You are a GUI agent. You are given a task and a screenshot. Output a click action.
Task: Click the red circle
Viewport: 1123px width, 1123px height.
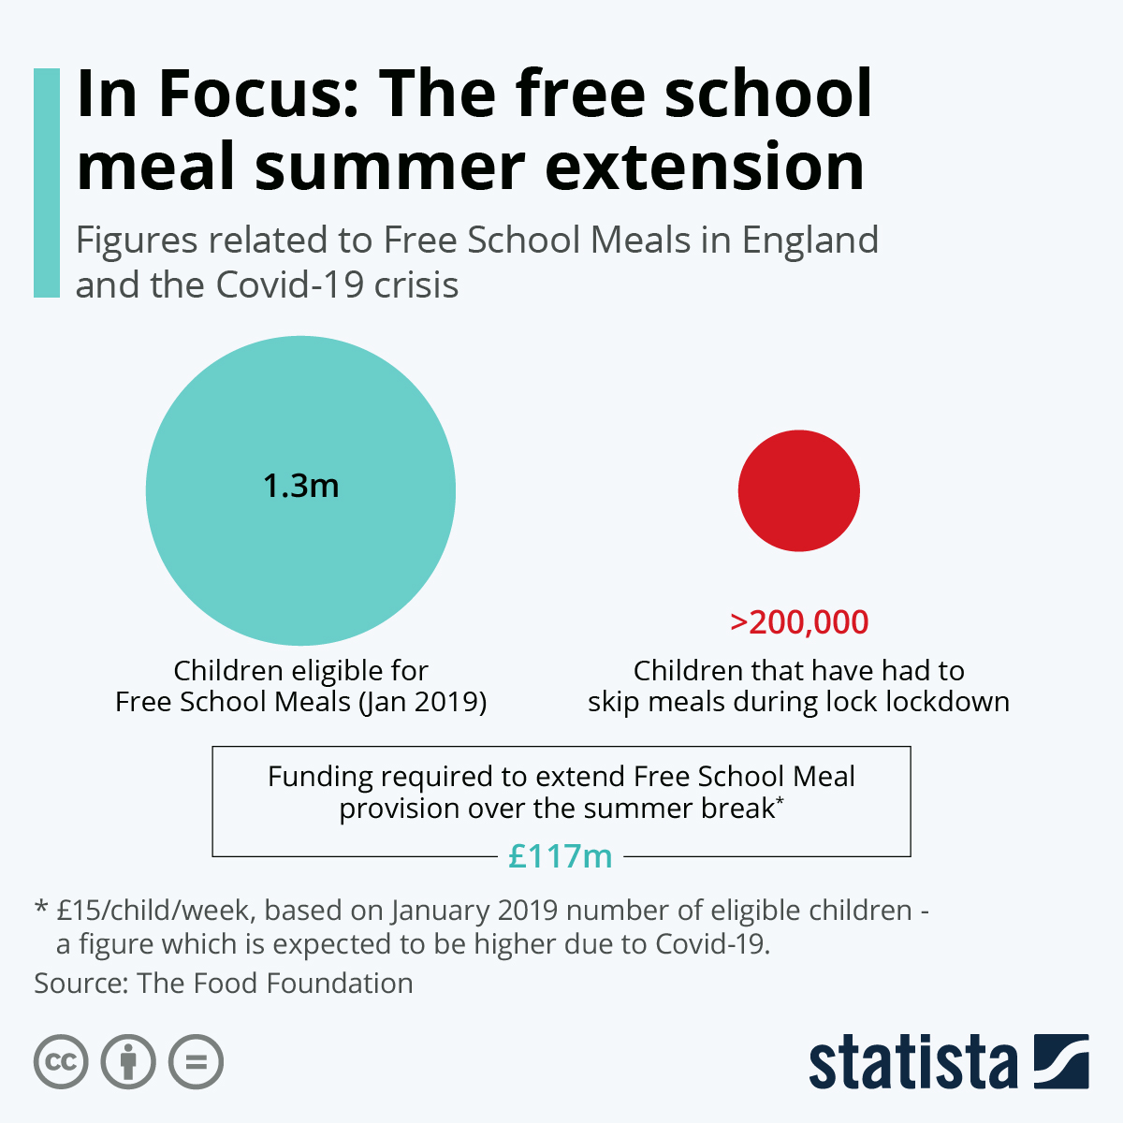tap(798, 490)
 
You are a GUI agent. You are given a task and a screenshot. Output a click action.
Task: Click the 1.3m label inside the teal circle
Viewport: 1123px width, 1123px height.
tap(300, 486)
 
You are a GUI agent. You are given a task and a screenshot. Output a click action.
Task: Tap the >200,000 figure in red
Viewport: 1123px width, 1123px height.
tap(799, 621)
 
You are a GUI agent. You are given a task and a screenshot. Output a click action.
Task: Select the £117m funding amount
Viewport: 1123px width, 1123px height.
tap(560, 855)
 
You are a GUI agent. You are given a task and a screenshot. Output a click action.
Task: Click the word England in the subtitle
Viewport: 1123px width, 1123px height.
tap(809, 241)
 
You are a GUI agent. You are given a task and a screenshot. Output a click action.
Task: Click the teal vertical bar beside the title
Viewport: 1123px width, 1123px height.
tap(47, 182)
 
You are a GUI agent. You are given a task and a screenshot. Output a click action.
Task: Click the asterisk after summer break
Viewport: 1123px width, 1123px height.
tap(780, 802)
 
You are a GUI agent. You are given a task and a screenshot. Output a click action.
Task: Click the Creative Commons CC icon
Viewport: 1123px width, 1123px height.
tap(61, 1062)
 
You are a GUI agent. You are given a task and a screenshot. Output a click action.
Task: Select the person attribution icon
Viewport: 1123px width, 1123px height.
tap(128, 1062)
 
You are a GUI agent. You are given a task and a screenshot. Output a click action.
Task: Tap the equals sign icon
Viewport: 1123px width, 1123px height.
tap(196, 1062)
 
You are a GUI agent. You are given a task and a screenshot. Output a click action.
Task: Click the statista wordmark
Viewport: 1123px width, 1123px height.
tap(912, 1063)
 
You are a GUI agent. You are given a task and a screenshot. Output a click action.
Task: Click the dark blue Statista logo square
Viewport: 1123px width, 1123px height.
tap(1060, 1061)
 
